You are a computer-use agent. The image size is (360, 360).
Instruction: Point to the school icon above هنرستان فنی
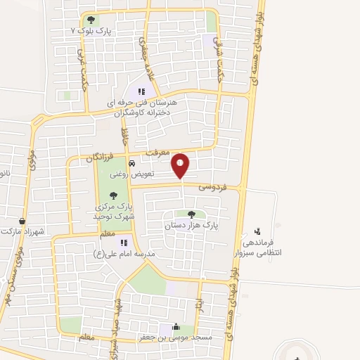tap(141, 91)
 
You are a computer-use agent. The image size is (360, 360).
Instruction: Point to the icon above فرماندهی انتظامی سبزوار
tap(257, 231)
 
